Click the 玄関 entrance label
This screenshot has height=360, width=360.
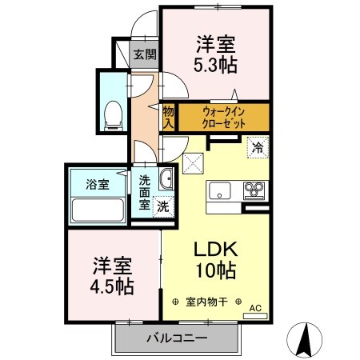pos(145,54)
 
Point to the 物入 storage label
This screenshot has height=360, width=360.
pos(168,117)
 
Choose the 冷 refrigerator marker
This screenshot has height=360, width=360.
pos(258,147)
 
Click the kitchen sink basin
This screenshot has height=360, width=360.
pos(220,191)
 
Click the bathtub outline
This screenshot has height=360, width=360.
pos(97,210)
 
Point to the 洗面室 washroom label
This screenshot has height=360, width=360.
pos(145,192)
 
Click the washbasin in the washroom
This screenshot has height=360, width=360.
pos(166,178)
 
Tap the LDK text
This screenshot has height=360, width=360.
pos(214,249)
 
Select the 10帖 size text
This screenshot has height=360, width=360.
pos(214,271)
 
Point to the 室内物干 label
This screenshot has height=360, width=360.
pos(207,302)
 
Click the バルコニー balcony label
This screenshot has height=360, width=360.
pos(177,338)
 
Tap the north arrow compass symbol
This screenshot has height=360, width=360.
pos(305,340)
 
